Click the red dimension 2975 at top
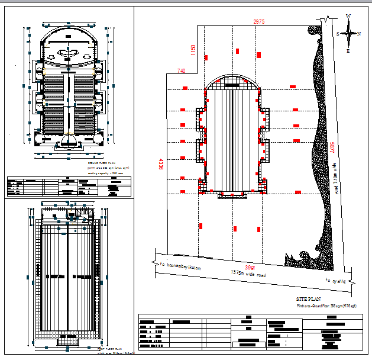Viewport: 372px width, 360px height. pos(258,22)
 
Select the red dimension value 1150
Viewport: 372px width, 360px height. pos(192,49)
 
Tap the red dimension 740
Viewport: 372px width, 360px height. pos(181,71)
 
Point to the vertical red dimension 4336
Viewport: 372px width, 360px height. pos(160,164)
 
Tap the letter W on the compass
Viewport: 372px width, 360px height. pos(349,16)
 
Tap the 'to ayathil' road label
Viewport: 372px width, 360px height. pos(335,279)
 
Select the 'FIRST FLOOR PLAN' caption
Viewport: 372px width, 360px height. pos(109,349)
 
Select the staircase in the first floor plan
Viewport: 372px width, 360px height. pos(69,340)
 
